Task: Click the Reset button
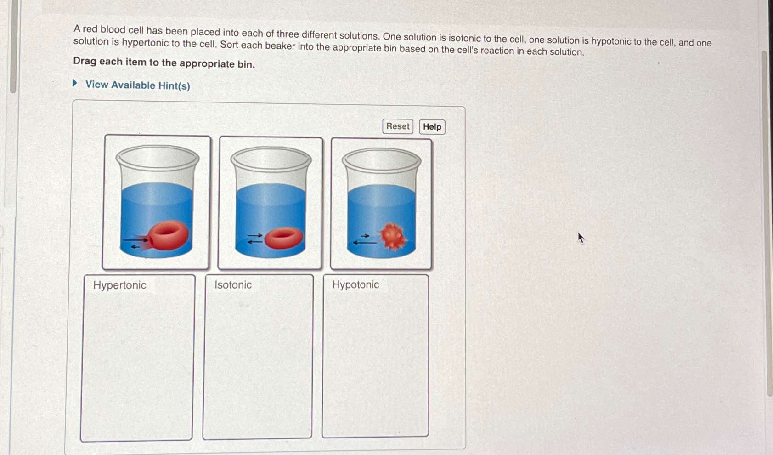pos(397,126)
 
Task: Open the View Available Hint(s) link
pos(137,85)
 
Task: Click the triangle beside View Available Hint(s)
pos(75,84)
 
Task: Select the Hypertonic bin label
pos(119,285)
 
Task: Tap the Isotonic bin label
pos(233,285)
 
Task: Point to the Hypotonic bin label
pos(355,284)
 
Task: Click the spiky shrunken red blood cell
pos(393,236)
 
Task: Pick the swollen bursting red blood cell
pos(168,235)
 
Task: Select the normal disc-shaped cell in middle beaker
pos(283,238)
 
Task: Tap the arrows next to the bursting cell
pos(135,243)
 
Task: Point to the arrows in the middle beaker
pos(254,238)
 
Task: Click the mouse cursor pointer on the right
pos(581,237)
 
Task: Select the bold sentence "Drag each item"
pos(164,63)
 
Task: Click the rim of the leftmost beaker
pos(158,157)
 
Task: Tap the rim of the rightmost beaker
pos(381,160)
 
